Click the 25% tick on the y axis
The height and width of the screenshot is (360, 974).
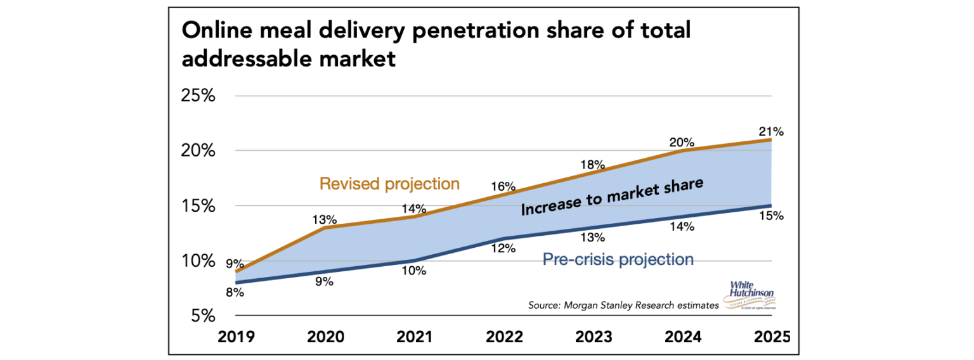pyautogui.click(x=198, y=96)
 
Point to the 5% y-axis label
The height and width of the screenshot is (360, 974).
pyautogui.click(x=204, y=316)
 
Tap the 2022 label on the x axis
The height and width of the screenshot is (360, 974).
pyautogui.click(x=503, y=337)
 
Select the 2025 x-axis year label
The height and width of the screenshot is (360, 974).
pyautogui.click(x=772, y=337)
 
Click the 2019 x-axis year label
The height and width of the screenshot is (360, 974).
pyautogui.click(x=236, y=337)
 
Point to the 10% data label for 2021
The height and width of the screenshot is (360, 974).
pyautogui.click(x=413, y=271)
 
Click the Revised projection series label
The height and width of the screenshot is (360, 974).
pyautogui.click(x=389, y=184)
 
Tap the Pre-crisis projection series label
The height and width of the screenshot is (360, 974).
pyautogui.click(x=618, y=259)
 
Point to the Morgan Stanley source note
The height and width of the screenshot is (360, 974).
pyautogui.click(x=623, y=305)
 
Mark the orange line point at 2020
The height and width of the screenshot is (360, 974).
pyautogui.click(x=324, y=228)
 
